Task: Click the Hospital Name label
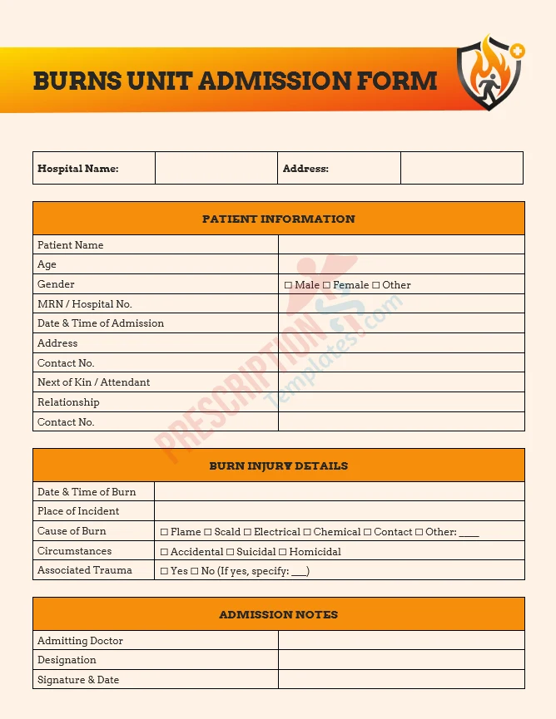click(77, 169)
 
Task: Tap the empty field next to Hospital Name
click(216, 168)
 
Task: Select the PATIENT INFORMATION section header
click(278, 219)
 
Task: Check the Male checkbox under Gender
click(288, 285)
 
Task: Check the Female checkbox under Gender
click(326, 285)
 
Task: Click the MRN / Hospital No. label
click(84, 304)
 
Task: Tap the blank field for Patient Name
click(401, 245)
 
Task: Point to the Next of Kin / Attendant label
click(93, 382)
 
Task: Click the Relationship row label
click(68, 402)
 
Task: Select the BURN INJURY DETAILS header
click(278, 466)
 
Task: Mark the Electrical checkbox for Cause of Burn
click(247, 532)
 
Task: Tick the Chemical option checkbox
click(307, 532)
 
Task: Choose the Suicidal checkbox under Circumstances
click(230, 552)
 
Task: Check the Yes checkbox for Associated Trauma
click(164, 572)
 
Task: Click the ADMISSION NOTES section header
click(278, 615)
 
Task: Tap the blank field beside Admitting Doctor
click(401, 641)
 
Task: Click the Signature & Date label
click(77, 680)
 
